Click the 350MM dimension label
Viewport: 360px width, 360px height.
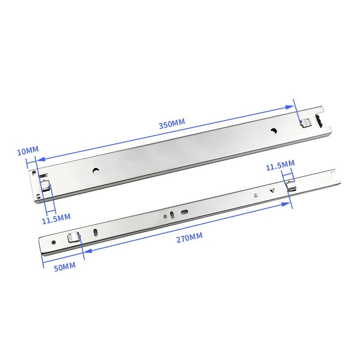[x=171, y=125]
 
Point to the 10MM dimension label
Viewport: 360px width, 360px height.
[x=28, y=151]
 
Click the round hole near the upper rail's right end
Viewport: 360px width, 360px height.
[x=273, y=131]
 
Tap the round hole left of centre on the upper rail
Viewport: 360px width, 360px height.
[x=95, y=171]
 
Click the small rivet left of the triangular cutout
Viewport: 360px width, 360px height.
[x=255, y=196]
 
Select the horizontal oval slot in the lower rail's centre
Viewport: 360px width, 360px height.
[x=184, y=211]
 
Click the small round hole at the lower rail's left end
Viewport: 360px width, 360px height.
[x=54, y=243]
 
